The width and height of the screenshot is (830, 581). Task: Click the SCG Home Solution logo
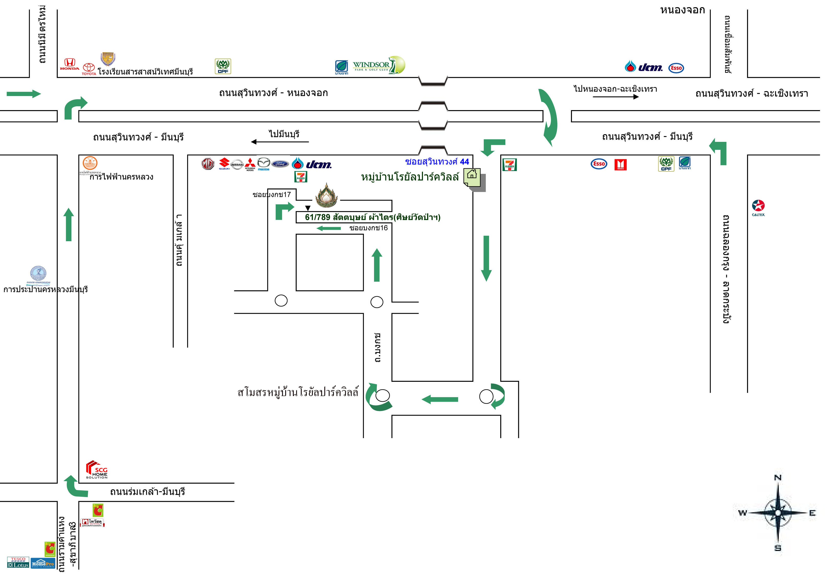97,470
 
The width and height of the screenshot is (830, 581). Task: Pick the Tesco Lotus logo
18,562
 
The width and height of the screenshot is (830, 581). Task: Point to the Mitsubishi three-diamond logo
250,164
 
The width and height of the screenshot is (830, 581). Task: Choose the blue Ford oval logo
280,164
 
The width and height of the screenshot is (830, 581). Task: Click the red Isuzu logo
620,164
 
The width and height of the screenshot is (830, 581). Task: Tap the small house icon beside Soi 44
472,177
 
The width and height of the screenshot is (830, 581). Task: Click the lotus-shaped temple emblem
326,196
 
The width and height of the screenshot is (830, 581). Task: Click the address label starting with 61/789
372,217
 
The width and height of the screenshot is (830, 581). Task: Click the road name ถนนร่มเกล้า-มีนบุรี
147,492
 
